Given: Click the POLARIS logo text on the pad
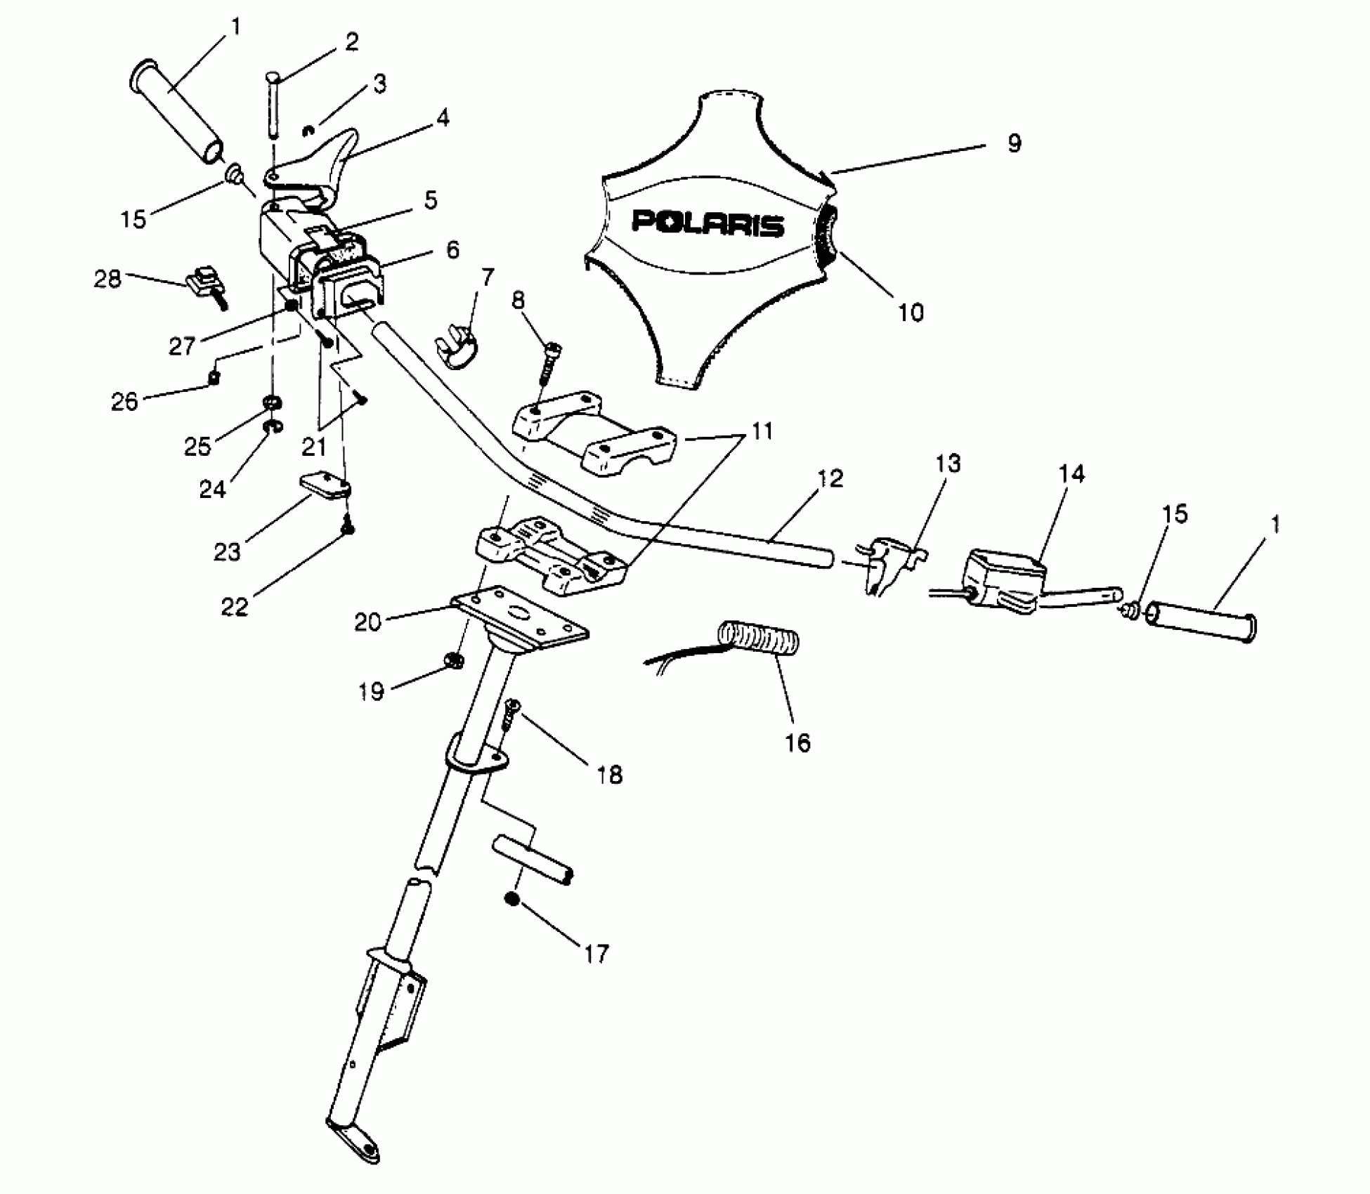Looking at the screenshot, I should click(707, 223).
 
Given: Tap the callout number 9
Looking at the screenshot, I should click(1014, 143).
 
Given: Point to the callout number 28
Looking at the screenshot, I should click(107, 279).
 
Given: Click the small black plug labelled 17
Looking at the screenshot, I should click(512, 899).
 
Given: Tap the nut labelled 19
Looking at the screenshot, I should click(455, 660).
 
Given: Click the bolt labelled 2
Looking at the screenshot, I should click(273, 105).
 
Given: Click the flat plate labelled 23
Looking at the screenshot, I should click(325, 486).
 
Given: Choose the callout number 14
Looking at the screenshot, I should click(1071, 474).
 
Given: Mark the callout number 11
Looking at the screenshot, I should click(762, 431).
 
